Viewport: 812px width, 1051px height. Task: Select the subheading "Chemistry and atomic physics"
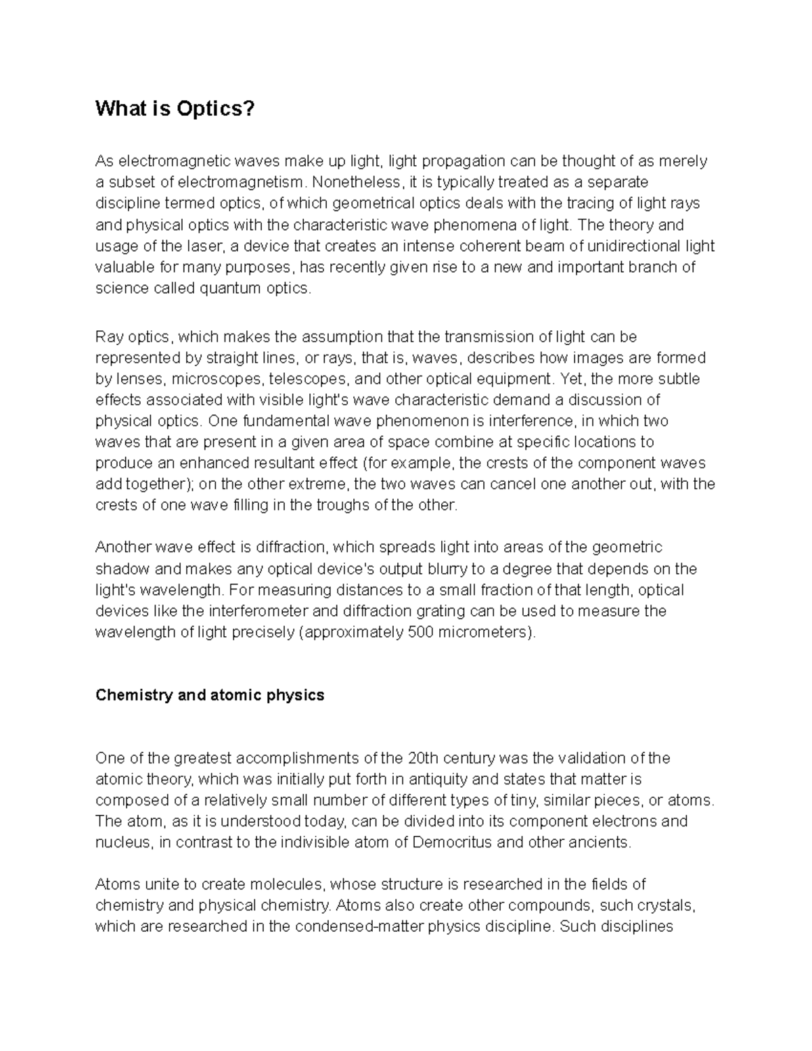pos(210,695)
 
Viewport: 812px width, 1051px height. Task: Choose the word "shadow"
pos(119,568)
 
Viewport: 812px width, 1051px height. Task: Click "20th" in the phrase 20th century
pos(426,758)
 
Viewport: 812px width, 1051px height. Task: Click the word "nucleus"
pos(122,843)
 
